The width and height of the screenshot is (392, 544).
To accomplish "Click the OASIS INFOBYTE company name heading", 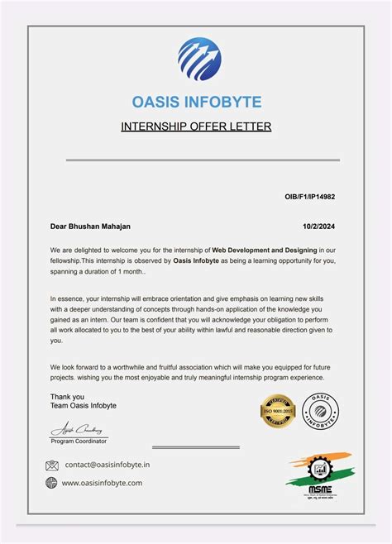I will tap(196, 103).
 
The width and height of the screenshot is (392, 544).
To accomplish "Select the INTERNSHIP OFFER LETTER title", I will tap(196, 126).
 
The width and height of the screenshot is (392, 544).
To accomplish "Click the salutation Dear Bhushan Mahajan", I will tap(90, 226).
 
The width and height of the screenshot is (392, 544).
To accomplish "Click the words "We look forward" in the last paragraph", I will tap(79, 366).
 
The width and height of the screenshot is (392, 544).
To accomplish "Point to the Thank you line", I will tap(66, 396).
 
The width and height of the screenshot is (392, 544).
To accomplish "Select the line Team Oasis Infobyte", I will tap(83, 406).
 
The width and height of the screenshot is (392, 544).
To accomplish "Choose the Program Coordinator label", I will tap(79, 441).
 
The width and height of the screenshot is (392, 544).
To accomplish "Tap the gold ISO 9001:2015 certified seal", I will tap(278, 411).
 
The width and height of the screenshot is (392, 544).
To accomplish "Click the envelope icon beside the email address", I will tap(52, 465).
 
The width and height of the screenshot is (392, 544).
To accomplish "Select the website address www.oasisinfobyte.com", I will tap(103, 483).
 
